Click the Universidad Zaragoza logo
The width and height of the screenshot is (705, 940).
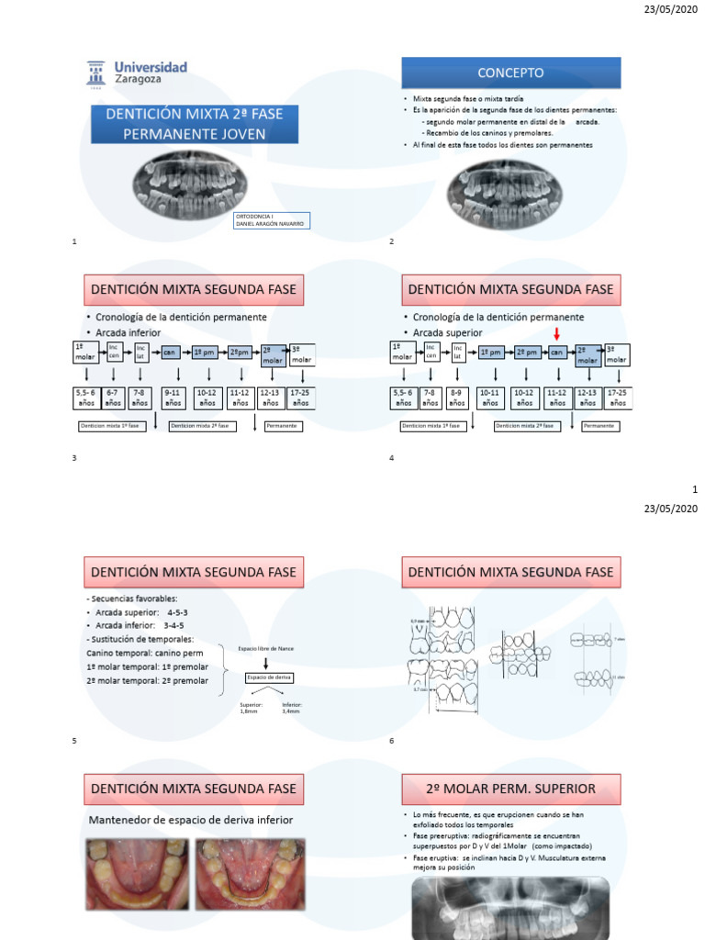click(x=137, y=73)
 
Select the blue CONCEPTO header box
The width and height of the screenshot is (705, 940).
click(x=510, y=73)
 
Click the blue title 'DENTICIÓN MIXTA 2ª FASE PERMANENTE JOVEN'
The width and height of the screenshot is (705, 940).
click(x=195, y=124)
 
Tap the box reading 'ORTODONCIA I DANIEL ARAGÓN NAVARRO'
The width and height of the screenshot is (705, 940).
click(x=273, y=220)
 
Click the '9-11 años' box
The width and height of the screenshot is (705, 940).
click(x=174, y=397)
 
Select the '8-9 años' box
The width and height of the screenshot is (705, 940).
click(x=456, y=397)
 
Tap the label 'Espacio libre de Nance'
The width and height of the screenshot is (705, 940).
click(x=267, y=645)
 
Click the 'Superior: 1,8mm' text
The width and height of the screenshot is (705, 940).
click(x=250, y=708)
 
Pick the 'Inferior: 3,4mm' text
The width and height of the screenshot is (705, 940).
click(x=293, y=708)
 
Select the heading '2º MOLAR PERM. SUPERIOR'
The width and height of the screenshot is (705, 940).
click(x=511, y=789)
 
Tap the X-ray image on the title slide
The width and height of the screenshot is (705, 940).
click(x=190, y=179)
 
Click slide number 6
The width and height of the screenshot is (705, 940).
click(x=392, y=741)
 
